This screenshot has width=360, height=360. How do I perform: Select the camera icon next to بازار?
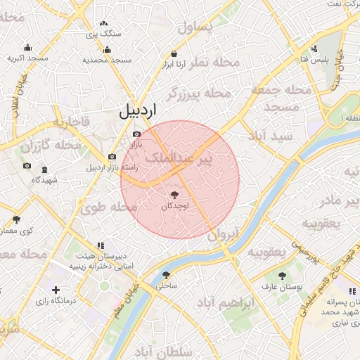(x=136, y=134)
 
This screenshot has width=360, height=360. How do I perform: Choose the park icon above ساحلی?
(x=167, y=275)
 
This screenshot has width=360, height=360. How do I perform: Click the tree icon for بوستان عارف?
(x=282, y=276)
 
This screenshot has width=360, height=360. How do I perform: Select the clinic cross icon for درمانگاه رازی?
(x=56, y=290)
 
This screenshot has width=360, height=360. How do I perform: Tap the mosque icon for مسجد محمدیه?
(x=107, y=49)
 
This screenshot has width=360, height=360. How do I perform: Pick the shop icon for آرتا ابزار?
(x=174, y=53)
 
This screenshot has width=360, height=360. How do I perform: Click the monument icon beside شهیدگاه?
(x=45, y=170)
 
